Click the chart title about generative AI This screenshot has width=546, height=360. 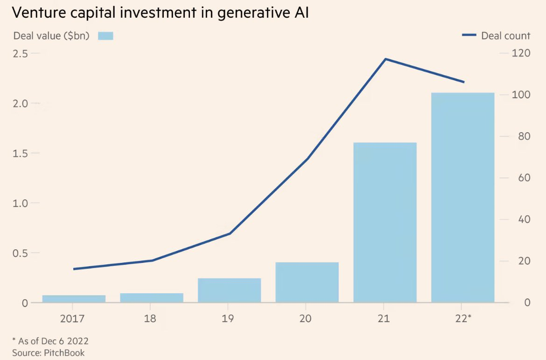tap(160, 13)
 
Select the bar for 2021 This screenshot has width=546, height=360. tap(385, 222)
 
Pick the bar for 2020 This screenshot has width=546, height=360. tap(307, 282)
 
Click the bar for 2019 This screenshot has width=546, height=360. tap(229, 290)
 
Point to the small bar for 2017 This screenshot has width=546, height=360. tap(74, 298)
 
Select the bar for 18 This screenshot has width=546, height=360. tap(151, 297)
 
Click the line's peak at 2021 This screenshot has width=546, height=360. tap(385, 59)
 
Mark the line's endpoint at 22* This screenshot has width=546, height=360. tap(463, 82)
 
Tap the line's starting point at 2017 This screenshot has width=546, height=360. tap(74, 269)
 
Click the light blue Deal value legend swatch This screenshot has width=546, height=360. tap(105, 35)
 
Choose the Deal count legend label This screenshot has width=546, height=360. tap(505, 35)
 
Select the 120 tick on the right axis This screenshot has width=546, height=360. tap(521, 53)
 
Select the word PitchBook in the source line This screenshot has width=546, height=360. tap(64, 353)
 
